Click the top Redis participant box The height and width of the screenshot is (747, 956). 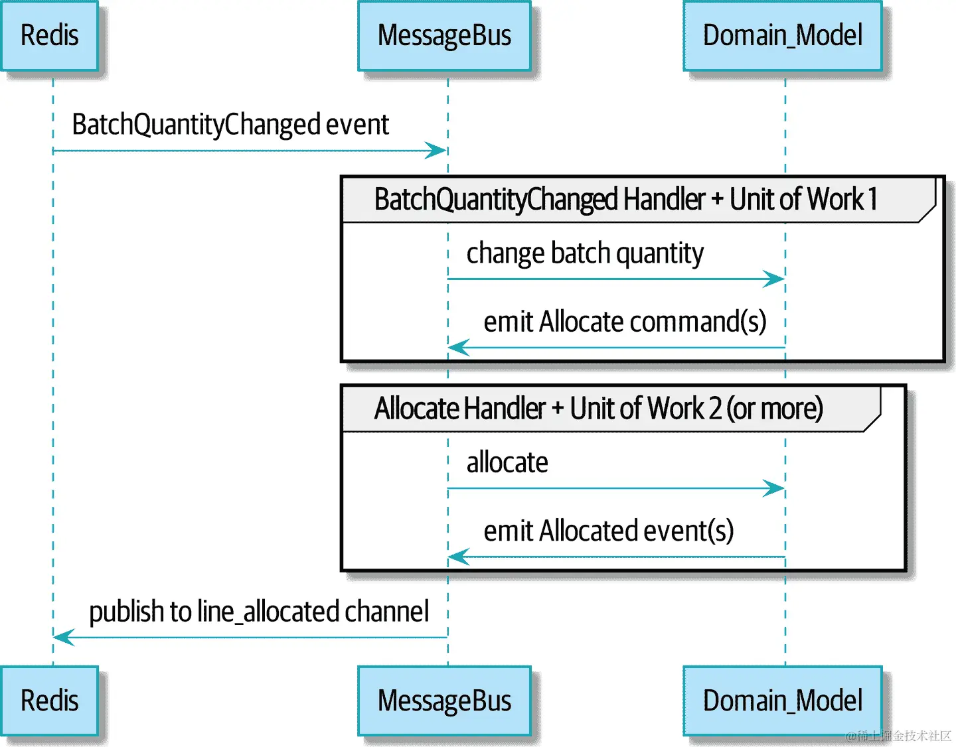(x=49, y=36)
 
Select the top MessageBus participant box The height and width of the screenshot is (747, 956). (x=444, y=36)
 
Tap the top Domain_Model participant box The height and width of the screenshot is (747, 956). (x=783, y=36)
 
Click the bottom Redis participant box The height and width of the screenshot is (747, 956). (x=49, y=701)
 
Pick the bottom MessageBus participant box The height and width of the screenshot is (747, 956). (x=444, y=701)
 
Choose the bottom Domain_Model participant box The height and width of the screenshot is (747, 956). (x=783, y=701)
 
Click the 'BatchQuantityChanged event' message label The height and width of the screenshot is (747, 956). (x=230, y=125)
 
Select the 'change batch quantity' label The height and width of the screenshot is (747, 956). (x=584, y=253)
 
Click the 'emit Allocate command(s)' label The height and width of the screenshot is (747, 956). (x=625, y=322)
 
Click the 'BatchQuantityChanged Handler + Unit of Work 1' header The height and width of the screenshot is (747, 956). (x=625, y=199)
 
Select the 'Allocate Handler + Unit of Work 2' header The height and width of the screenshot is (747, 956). (x=598, y=409)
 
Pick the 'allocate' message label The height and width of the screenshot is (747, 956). (x=507, y=462)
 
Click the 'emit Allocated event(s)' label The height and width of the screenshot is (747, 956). (x=608, y=531)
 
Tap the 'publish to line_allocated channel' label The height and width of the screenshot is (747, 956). (x=259, y=612)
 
